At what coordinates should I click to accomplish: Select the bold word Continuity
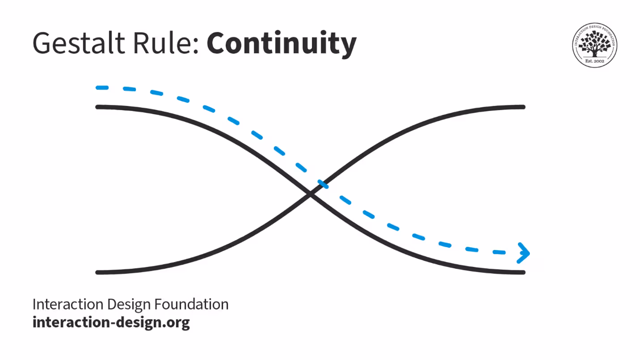pyautogui.click(x=281, y=43)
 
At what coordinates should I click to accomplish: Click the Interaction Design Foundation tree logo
pyautogui.click(x=594, y=45)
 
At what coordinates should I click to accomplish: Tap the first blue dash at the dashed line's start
pyautogui.click(x=102, y=88)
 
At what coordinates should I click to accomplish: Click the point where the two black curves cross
pyautogui.click(x=310, y=193)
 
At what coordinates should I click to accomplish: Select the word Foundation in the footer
pyautogui.click(x=192, y=305)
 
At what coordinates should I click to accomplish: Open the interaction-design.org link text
pyautogui.click(x=111, y=322)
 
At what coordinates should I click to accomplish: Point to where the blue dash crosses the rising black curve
pyautogui.click(x=322, y=184)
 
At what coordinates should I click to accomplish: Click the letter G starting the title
pyautogui.click(x=42, y=43)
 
